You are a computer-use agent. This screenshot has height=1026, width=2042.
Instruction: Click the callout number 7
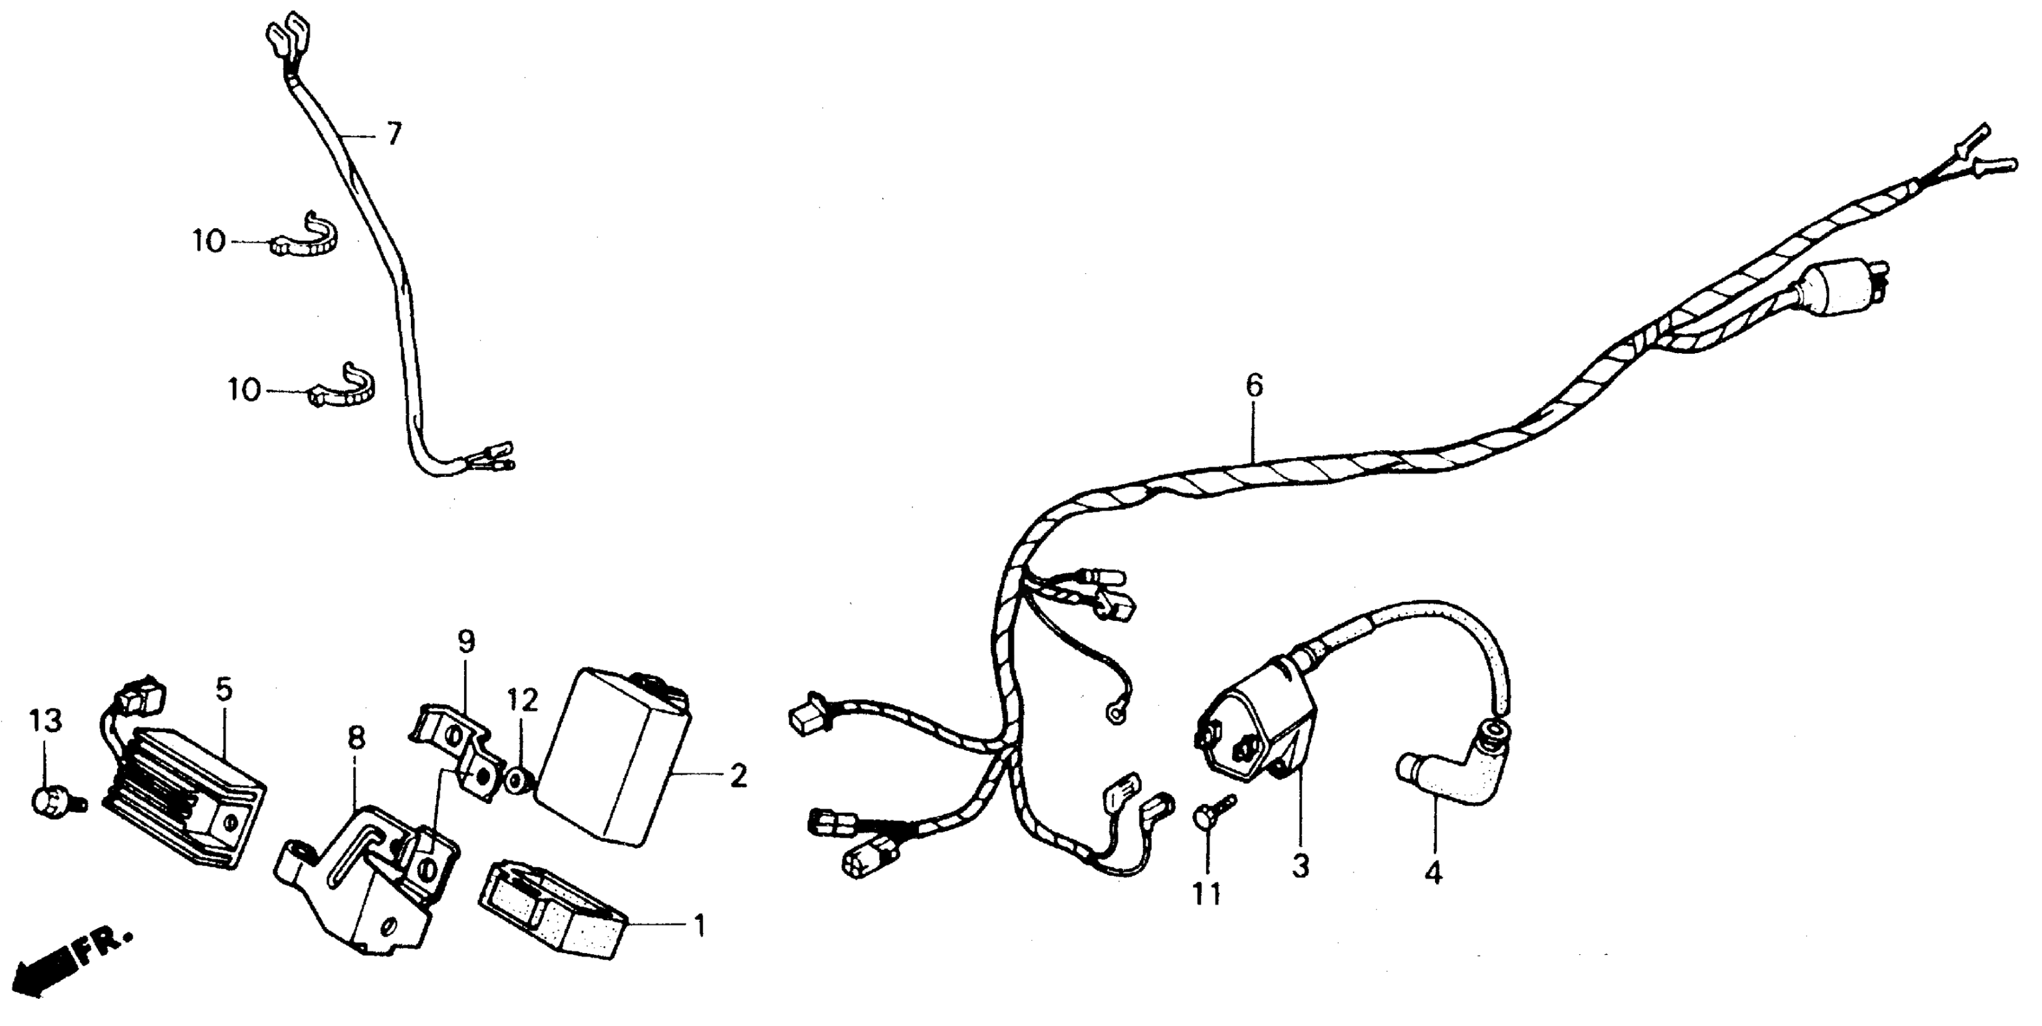point(394,134)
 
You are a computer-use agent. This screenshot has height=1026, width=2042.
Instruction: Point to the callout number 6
point(1253,386)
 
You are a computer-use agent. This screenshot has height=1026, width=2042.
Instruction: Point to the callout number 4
point(1433,873)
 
